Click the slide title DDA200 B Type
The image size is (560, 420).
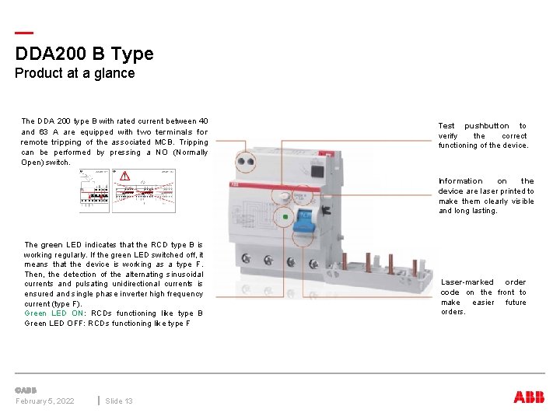click(84, 54)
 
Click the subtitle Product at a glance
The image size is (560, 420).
click(75, 73)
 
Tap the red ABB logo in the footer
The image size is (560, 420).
click(529, 397)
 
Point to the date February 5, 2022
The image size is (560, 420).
click(45, 401)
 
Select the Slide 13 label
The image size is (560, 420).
click(118, 401)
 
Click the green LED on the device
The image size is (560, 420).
click(285, 219)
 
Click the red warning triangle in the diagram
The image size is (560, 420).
click(124, 177)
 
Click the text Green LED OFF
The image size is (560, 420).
click(54, 324)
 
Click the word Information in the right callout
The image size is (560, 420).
click(460, 181)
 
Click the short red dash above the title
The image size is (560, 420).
click(24, 33)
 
